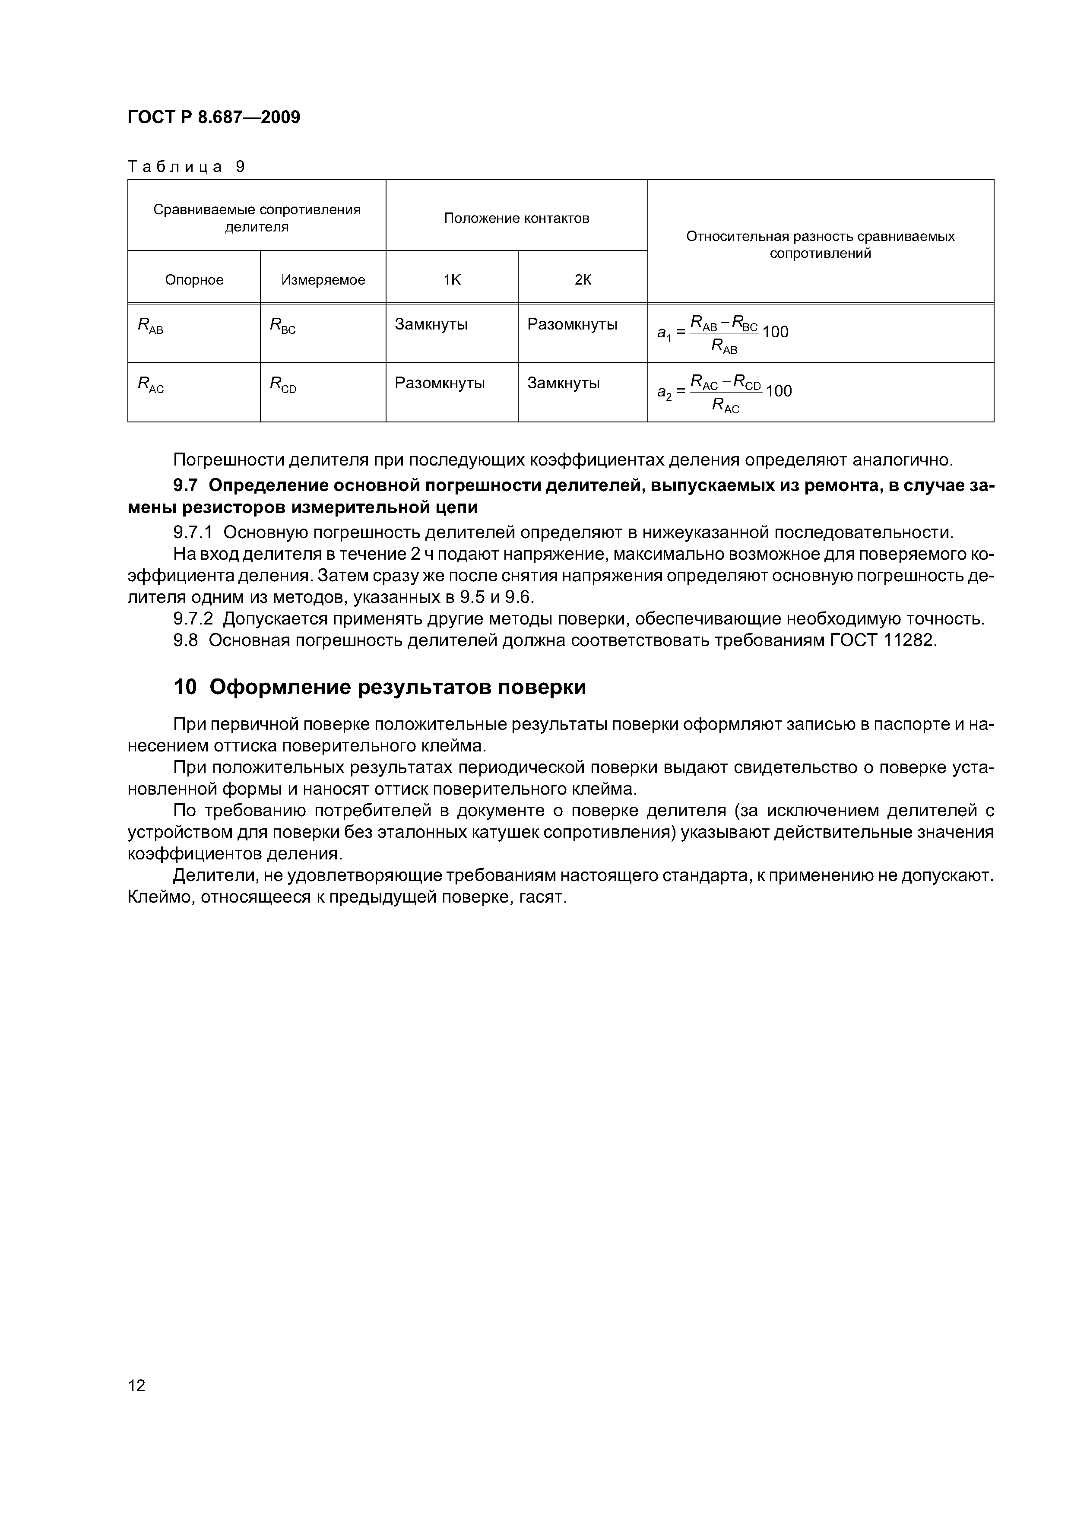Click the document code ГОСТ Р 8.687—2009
coord(213,117)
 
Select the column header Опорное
coord(194,280)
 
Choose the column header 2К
coord(583,280)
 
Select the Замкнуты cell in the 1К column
coord(431,325)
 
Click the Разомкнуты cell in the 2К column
coord(572,325)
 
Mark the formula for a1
coord(722,333)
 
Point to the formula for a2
coord(724,393)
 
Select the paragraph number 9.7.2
coord(193,619)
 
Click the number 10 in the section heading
coord(185,688)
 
